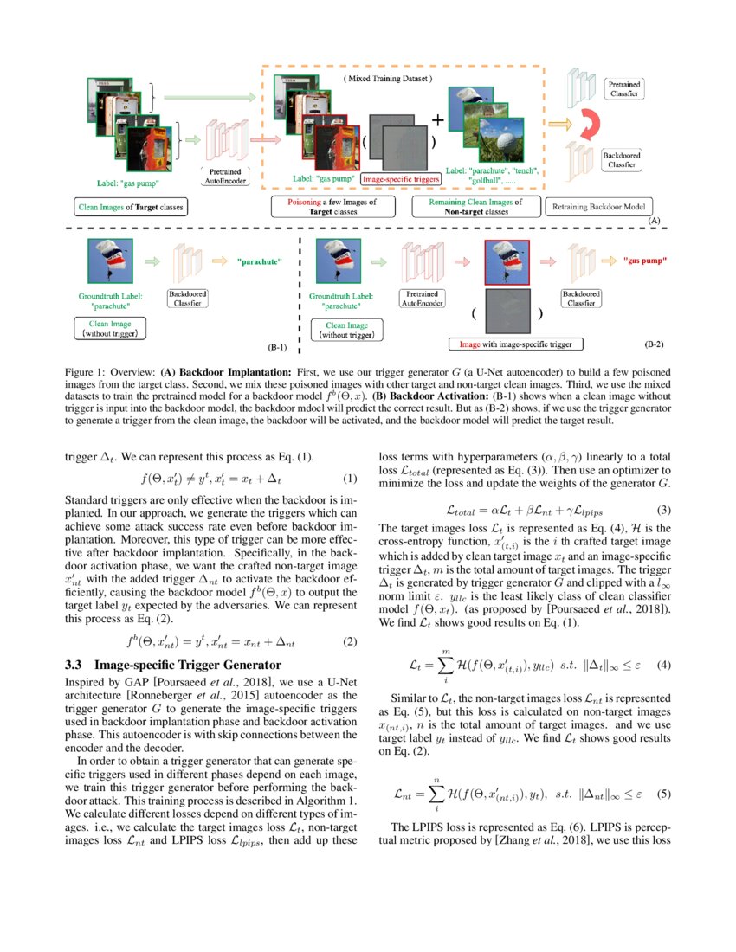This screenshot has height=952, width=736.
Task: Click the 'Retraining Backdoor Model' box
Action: click(x=597, y=208)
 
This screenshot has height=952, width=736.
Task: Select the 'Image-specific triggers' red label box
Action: click(x=401, y=179)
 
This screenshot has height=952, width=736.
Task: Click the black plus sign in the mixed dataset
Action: click(x=438, y=120)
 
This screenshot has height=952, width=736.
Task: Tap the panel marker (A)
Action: click(x=655, y=222)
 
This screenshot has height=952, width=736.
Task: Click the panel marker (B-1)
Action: click(x=277, y=347)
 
